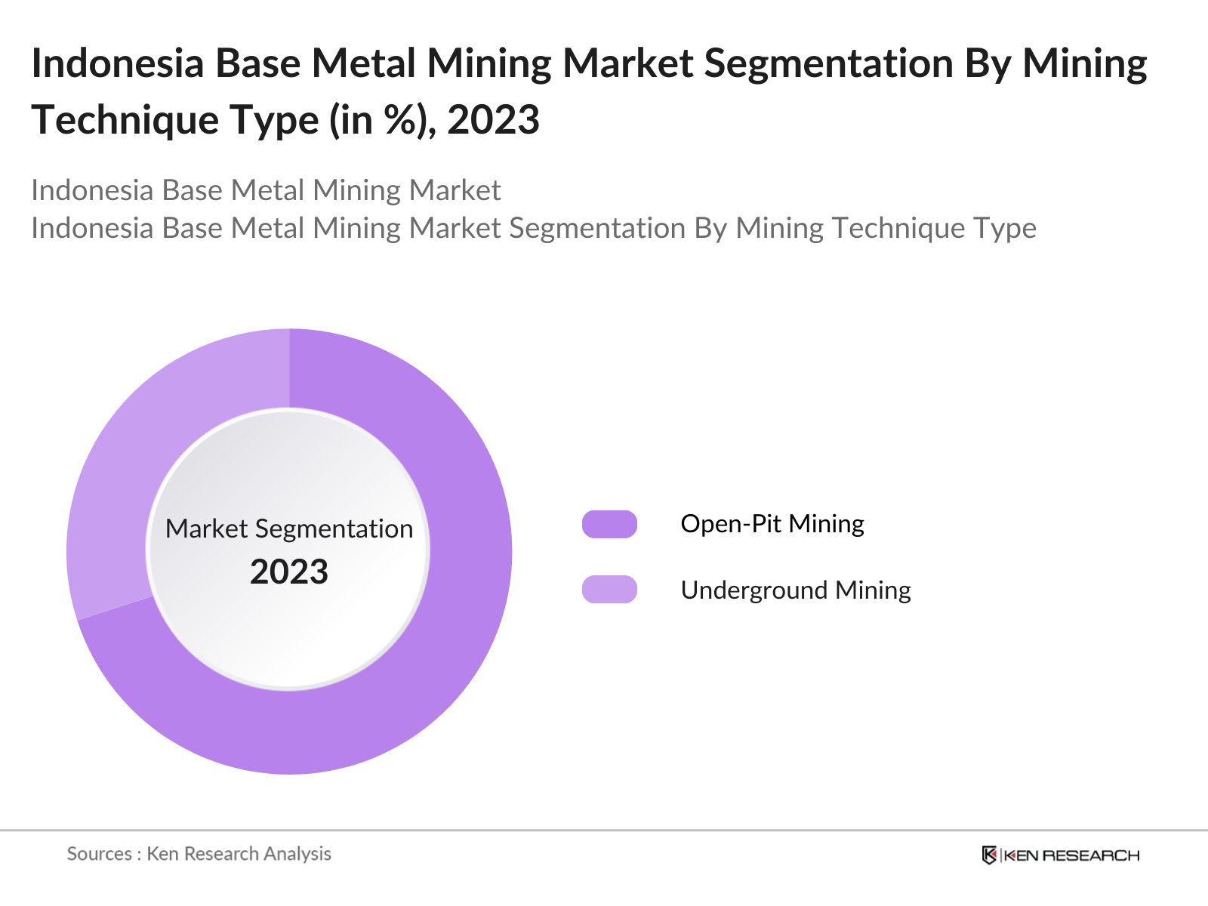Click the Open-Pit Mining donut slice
pos(423,679)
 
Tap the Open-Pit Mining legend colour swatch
pos(609,524)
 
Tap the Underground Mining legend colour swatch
pos(609,589)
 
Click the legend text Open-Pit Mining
pos(772,524)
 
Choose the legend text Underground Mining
pos(795,590)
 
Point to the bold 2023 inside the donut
pos(289,572)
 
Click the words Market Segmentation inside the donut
pos(289,528)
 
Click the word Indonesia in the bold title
pos(118,63)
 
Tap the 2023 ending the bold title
pos(493,121)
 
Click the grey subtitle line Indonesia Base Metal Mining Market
pos(266,190)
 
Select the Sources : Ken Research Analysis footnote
pos(199,854)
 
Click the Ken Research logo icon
pos(989,855)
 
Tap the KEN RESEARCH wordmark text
pos(1071,855)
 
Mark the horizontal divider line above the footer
pos(604,830)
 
